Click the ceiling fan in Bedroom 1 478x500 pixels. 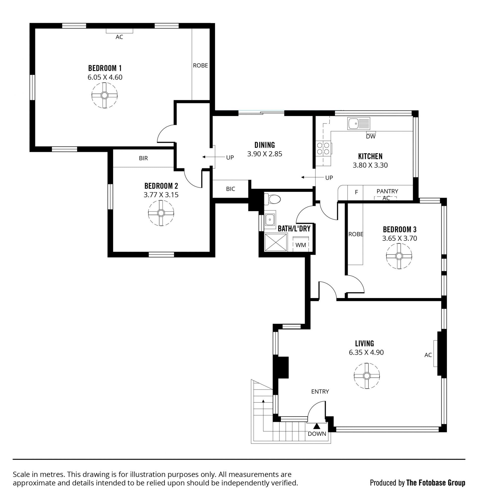(x=105, y=96)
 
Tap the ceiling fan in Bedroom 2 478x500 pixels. (x=161, y=213)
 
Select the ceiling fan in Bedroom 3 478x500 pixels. (x=399, y=256)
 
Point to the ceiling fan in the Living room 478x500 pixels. (x=367, y=376)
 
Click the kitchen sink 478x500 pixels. (x=359, y=123)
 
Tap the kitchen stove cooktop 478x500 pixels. (x=323, y=149)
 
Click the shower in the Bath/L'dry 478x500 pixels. (x=276, y=242)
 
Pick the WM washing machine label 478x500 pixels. (x=301, y=245)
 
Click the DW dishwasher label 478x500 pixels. (x=371, y=137)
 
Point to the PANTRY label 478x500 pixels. (x=387, y=191)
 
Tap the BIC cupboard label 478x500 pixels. (x=231, y=189)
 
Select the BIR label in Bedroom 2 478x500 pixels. (x=143, y=158)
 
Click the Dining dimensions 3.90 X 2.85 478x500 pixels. (x=265, y=154)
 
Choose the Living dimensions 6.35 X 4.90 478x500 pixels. (x=366, y=352)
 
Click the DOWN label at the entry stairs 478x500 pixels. (x=317, y=434)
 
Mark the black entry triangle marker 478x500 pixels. (x=317, y=426)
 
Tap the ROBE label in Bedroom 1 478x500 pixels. (x=200, y=66)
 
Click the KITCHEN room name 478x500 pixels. (x=370, y=156)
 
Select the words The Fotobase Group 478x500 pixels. (x=436, y=483)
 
